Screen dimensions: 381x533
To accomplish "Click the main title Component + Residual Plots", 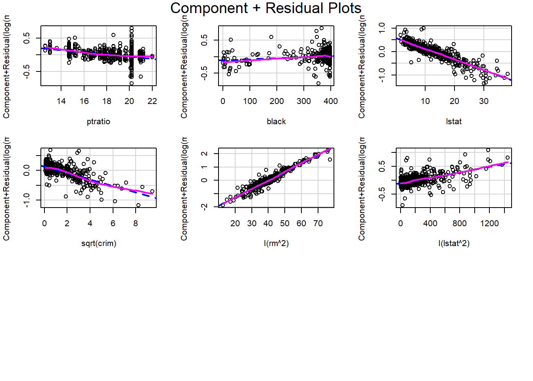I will (266, 8).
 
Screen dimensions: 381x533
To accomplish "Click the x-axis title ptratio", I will (98, 121).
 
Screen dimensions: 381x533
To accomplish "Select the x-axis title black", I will (276, 121).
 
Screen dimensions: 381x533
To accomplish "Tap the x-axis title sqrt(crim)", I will (98, 243).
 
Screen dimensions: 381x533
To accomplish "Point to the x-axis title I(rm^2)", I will (276, 243).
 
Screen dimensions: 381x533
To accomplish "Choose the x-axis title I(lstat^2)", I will (454, 243).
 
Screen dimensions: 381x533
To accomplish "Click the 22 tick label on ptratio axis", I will (152, 101).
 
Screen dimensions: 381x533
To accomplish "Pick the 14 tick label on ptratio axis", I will (61, 101).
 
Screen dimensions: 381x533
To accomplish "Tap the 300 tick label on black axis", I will (304, 101).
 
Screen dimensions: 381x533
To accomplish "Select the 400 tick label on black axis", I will (331, 101).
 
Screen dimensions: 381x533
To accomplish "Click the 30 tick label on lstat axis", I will (483, 101).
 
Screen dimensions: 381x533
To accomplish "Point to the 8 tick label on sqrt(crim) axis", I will (136, 223).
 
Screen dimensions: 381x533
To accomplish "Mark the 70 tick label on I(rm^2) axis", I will (318, 223).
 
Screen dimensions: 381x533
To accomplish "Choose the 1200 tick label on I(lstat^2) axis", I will (489, 223).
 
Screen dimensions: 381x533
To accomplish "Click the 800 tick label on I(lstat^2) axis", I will (460, 223).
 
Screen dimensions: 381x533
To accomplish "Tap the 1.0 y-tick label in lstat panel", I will (382, 28).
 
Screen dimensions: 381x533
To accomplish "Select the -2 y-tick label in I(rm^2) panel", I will (204, 206).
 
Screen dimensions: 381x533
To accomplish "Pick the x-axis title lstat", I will (454, 121).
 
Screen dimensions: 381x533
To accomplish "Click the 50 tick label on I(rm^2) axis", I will (285, 223).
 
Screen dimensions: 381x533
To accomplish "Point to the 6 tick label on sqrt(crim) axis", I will (113, 223).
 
